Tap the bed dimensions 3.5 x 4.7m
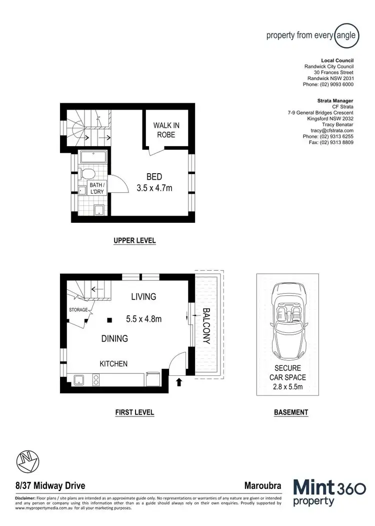pos(154,188)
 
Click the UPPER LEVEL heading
pos(134,241)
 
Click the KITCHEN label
pos(113,364)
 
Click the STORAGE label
pos(78,310)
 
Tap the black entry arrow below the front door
pos(179,383)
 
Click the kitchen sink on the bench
pos(79,380)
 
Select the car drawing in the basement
pos(287,322)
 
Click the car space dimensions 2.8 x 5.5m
pos(287,387)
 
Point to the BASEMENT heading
pos(290,413)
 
